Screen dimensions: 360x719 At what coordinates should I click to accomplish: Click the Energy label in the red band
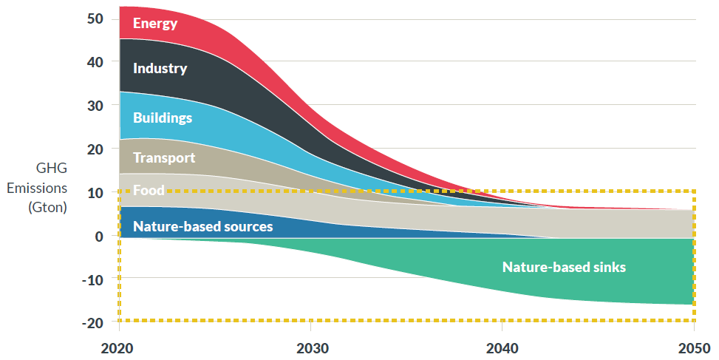coord(155,24)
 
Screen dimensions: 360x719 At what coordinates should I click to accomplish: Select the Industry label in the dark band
coord(160,69)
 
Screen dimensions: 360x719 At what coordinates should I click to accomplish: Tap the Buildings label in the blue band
coord(163,118)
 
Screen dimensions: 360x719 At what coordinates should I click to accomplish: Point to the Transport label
coord(164,157)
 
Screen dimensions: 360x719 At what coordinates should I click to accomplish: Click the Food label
coord(149,191)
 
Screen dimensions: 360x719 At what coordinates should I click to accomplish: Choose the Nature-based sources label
coord(202,227)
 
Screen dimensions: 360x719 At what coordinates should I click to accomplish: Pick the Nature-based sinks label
coord(564,267)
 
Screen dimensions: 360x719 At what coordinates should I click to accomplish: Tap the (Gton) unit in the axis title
coord(48,207)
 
